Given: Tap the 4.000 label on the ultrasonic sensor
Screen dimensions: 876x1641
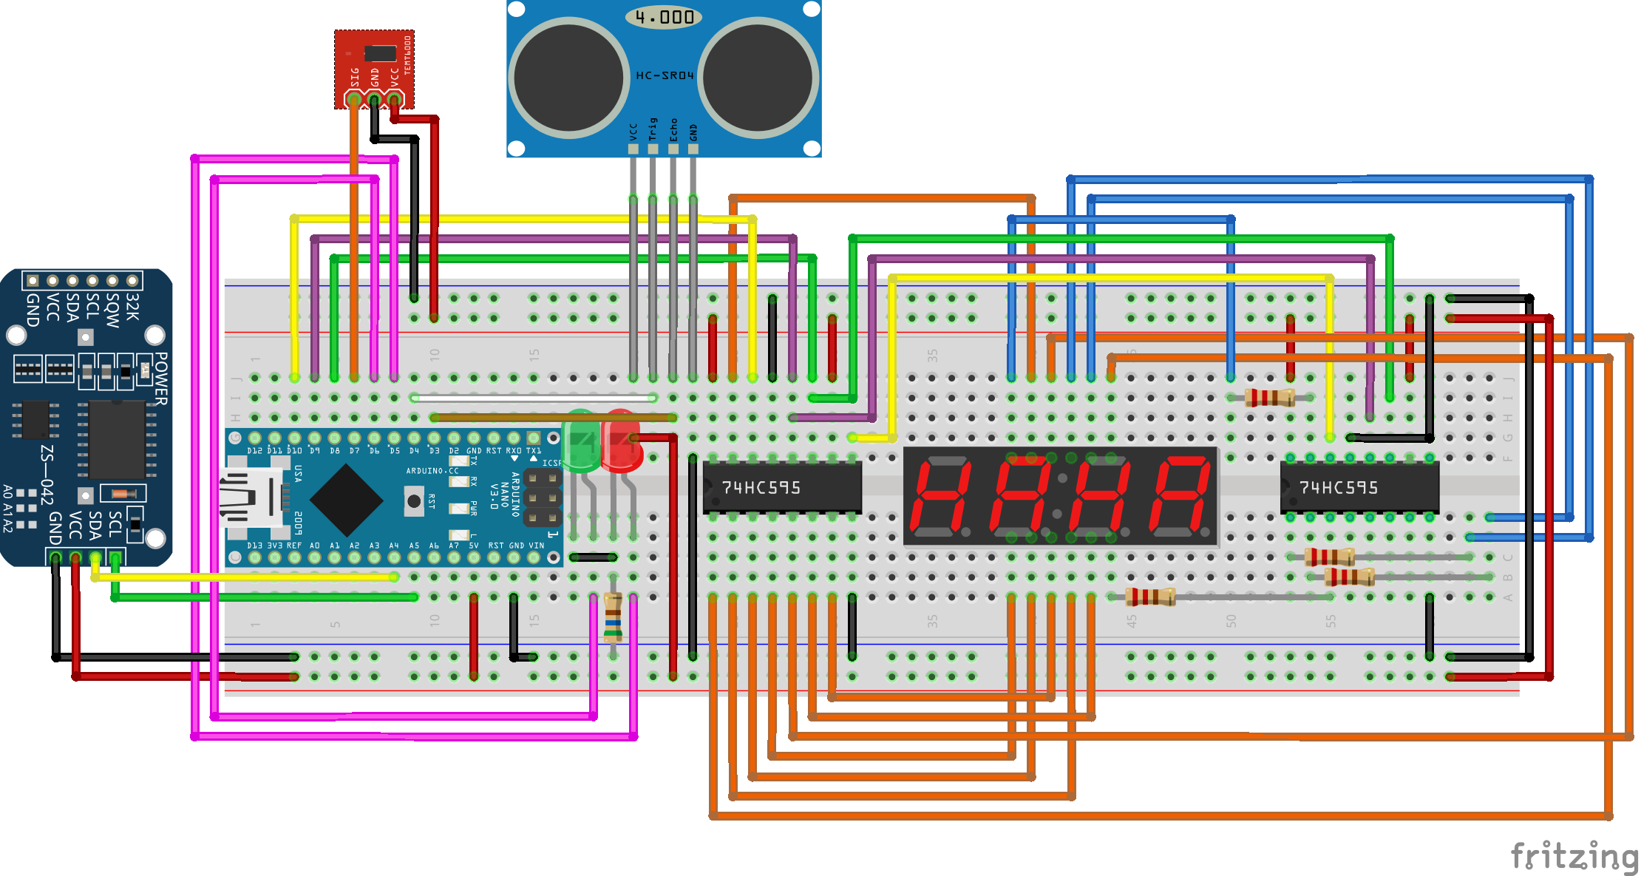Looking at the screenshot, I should (x=664, y=17).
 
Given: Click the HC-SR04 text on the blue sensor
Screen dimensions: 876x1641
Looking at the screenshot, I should (x=665, y=75).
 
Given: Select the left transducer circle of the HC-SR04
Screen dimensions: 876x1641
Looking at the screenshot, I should (x=568, y=77).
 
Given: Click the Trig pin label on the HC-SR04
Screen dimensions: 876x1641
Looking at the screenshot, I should (x=653, y=129).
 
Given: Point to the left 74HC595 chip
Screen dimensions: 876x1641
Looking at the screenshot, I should (x=782, y=487).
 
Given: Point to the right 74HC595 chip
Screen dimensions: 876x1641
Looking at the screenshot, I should (x=1359, y=487).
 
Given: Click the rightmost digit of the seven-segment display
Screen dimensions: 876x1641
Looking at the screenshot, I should (x=1180, y=495).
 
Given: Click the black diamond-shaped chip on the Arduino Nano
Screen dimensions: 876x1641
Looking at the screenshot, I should (x=346, y=500).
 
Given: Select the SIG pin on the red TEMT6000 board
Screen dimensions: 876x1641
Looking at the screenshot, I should (x=354, y=99).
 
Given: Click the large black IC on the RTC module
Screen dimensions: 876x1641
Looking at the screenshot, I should (x=117, y=440).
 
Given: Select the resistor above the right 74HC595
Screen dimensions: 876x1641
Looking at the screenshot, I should (x=1269, y=398).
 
